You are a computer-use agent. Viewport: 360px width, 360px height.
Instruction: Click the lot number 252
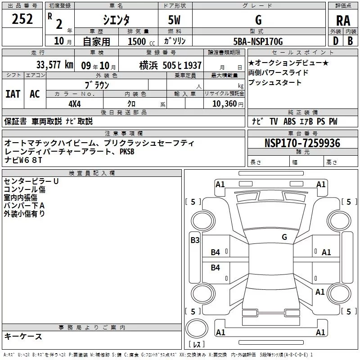tap(22, 19)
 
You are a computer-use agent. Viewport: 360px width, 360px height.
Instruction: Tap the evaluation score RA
tap(343, 20)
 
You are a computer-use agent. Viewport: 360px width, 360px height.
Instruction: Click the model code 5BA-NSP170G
tap(258, 42)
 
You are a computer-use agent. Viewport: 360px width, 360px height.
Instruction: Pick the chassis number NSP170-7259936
tap(302, 144)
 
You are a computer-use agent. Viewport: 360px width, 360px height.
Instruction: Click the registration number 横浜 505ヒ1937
tap(171, 65)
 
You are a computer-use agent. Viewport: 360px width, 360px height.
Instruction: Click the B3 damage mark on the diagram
tap(194, 240)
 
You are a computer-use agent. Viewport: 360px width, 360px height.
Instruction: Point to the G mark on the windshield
tap(284, 237)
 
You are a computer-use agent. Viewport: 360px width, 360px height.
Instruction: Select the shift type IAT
tap(13, 94)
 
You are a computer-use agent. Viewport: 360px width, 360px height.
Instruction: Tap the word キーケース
tap(23, 336)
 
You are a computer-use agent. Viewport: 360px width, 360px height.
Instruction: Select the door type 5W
tap(174, 20)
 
